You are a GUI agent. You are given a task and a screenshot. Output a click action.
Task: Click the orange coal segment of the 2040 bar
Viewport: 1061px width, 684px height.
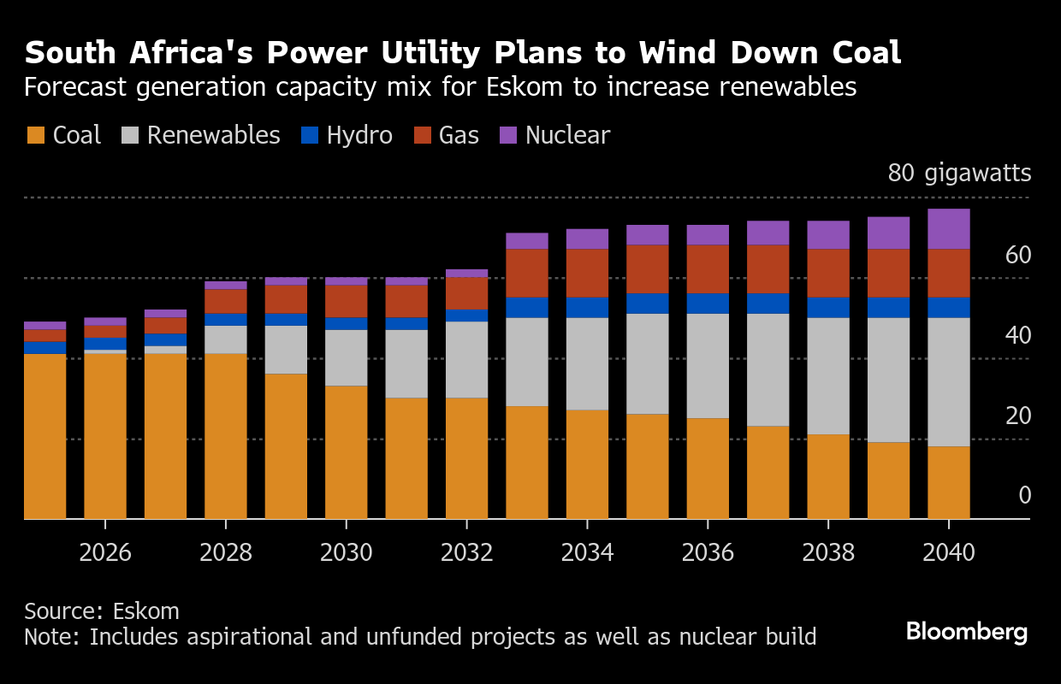(x=949, y=482)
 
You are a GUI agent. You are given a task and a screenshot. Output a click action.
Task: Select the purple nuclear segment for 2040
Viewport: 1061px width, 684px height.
(x=949, y=228)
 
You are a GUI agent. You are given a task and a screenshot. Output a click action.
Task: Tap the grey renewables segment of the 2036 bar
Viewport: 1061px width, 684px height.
(x=708, y=366)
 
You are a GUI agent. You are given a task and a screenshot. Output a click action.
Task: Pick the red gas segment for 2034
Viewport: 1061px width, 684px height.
(x=587, y=273)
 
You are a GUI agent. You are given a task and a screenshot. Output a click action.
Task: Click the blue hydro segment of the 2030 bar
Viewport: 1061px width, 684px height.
(x=346, y=323)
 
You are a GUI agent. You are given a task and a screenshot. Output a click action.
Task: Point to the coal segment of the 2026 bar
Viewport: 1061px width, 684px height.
(x=105, y=436)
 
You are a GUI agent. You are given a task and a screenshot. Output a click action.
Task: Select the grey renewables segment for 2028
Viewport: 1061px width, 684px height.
(x=226, y=339)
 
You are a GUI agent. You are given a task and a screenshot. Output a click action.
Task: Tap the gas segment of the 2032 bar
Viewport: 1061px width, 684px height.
(x=466, y=292)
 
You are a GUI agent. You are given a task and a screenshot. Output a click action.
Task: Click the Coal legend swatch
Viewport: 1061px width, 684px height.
(x=35, y=135)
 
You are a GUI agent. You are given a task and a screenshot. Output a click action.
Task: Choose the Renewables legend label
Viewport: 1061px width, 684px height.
(x=213, y=135)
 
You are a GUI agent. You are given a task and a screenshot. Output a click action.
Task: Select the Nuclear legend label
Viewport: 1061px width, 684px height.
(x=567, y=135)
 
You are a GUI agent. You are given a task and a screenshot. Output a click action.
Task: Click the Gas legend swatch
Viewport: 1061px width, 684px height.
(x=422, y=135)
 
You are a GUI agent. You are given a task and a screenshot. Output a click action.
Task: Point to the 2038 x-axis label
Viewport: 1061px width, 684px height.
(x=828, y=552)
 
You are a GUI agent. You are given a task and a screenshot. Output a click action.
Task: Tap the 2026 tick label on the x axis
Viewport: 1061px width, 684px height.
(x=105, y=552)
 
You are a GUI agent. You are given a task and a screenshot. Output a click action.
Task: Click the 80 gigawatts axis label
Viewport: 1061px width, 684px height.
(x=959, y=173)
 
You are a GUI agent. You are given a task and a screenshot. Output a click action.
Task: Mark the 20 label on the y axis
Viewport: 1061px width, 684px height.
(x=1017, y=416)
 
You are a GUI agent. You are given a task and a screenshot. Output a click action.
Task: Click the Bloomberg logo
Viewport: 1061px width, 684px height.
(x=966, y=632)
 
